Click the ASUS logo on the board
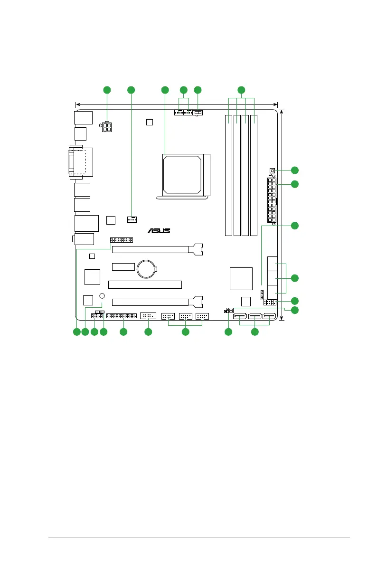[x=159, y=231]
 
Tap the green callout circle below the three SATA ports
[x=254, y=332]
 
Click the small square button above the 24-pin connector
[x=273, y=171]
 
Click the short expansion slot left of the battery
[x=123, y=266]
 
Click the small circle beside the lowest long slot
[x=102, y=296]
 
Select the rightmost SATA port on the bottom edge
[x=270, y=317]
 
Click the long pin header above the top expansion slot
[x=122, y=240]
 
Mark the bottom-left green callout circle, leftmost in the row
[x=76, y=332]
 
